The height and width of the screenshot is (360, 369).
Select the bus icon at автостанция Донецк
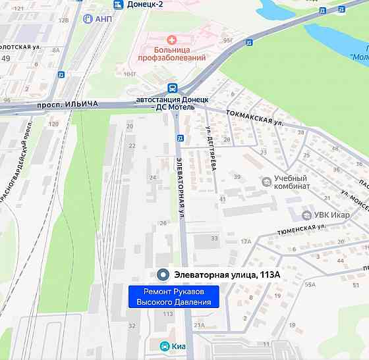pos(172,88)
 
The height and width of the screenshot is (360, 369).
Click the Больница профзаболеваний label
pos(171,53)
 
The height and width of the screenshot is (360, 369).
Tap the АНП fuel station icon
pos(88,18)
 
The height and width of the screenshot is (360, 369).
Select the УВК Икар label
pos(331,215)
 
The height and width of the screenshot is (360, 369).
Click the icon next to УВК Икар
pos(306,215)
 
